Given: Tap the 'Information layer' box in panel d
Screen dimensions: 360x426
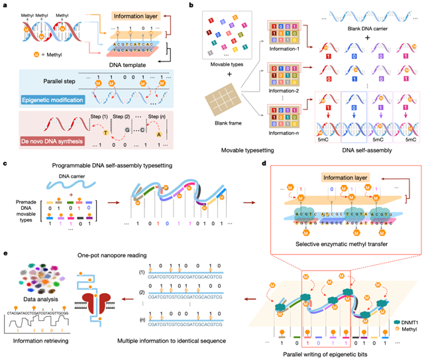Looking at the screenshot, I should (x=341, y=178).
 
